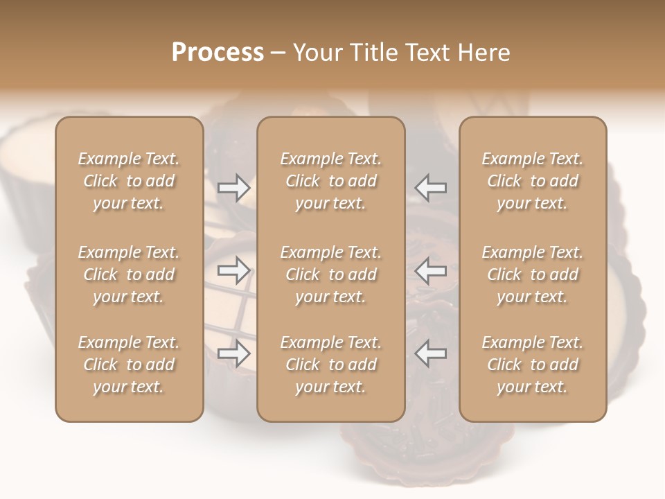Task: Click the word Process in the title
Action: tap(218, 53)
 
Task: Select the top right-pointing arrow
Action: tap(234, 188)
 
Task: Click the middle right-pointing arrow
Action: tap(234, 271)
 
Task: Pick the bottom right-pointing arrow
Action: tap(234, 353)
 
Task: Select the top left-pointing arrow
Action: tap(430, 188)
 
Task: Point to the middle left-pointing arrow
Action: tap(430, 271)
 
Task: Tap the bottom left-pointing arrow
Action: tap(430, 353)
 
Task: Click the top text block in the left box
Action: tap(129, 181)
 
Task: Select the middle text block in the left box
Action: tap(129, 274)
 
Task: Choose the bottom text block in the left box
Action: tap(129, 365)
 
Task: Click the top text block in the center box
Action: tap(331, 181)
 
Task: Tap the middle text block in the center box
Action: tap(331, 274)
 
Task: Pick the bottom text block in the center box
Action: tap(331, 365)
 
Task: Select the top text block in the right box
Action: tap(533, 181)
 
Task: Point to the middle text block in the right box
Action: tap(533, 274)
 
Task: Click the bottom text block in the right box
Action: tap(533, 365)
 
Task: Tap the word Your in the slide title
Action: tap(315, 53)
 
